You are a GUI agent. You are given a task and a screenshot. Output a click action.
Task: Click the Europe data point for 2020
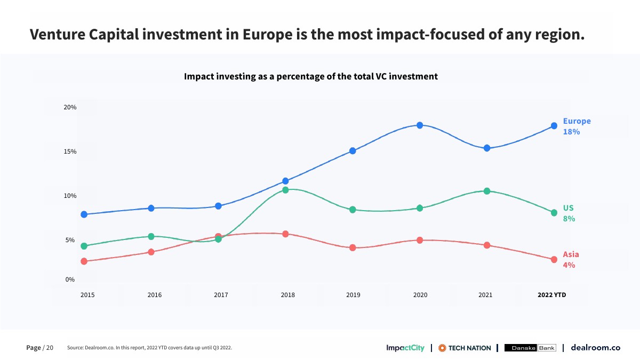pyautogui.click(x=420, y=125)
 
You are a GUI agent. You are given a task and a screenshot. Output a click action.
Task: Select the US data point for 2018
pyautogui.click(x=285, y=190)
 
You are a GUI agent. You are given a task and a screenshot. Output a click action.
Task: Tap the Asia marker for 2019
pyautogui.click(x=353, y=247)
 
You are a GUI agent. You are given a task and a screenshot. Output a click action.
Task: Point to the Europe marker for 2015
pyautogui.click(x=84, y=214)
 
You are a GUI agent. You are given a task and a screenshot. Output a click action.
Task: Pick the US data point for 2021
pyautogui.click(x=487, y=191)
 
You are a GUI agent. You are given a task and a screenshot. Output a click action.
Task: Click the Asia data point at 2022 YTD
pyautogui.click(x=554, y=260)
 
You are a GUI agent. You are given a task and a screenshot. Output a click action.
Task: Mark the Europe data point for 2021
pyautogui.click(x=487, y=148)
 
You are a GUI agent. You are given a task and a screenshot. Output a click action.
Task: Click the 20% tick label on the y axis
pyautogui.click(x=70, y=107)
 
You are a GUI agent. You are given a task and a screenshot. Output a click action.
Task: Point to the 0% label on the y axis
pyautogui.click(x=70, y=279)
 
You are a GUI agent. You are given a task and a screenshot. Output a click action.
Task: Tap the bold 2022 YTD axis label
pyautogui.click(x=551, y=295)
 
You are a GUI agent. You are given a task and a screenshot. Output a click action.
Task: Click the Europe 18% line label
pyautogui.click(x=577, y=126)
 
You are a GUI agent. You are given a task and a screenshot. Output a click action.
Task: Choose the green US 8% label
pyautogui.click(x=569, y=213)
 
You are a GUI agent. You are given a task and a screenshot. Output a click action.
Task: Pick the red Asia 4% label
pyautogui.click(x=571, y=260)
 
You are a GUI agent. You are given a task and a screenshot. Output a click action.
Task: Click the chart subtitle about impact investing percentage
pyautogui.click(x=311, y=76)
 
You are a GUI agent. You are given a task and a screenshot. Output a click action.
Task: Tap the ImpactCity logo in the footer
pyautogui.click(x=405, y=348)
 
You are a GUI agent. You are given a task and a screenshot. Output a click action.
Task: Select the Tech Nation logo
pyautogui.click(x=465, y=348)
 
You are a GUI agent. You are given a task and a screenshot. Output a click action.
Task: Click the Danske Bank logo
pyautogui.click(x=530, y=348)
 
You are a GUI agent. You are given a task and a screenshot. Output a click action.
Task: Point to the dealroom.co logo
pyautogui.click(x=595, y=348)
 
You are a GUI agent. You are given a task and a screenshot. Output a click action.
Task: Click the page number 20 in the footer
pyautogui.click(x=50, y=348)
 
